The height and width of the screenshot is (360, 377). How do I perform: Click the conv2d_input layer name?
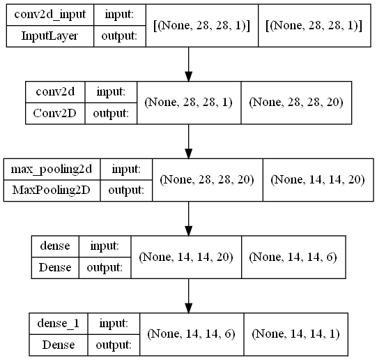tap(49, 15)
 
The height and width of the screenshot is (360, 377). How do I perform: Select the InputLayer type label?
tap(49, 36)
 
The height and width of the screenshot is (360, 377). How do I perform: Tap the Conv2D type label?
tap(55, 113)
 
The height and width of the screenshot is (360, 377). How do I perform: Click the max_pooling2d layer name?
tap(52, 170)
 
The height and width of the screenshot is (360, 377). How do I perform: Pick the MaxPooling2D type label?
tap(52, 190)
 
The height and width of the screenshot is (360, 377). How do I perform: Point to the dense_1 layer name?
tap(58, 323)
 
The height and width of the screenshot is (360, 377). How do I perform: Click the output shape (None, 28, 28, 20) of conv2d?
tap(296, 103)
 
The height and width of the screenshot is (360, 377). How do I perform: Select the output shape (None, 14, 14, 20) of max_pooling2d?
tap(318, 180)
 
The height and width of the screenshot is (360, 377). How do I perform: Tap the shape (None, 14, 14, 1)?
tap(296, 334)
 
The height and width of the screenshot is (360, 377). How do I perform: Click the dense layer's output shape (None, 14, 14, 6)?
tap(293, 257)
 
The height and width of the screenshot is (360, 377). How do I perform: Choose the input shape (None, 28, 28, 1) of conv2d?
tap(188, 103)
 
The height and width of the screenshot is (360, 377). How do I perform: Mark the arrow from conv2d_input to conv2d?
tap(189, 64)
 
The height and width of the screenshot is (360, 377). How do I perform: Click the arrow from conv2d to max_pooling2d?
tap(189, 142)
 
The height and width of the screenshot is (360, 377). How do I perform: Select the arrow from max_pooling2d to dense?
tap(189, 219)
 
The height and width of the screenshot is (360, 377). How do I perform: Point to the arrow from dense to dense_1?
tap(189, 296)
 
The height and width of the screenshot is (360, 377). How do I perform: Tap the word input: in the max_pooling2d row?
tap(126, 170)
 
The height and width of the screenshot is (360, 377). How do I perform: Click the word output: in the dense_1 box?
tap(114, 345)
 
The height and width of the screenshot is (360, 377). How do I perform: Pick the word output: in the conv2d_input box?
tap(119, 36)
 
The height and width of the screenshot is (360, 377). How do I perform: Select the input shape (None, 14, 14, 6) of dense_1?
tap(192, 334)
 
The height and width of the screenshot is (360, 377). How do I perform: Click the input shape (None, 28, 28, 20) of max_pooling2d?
tap(207, 180)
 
